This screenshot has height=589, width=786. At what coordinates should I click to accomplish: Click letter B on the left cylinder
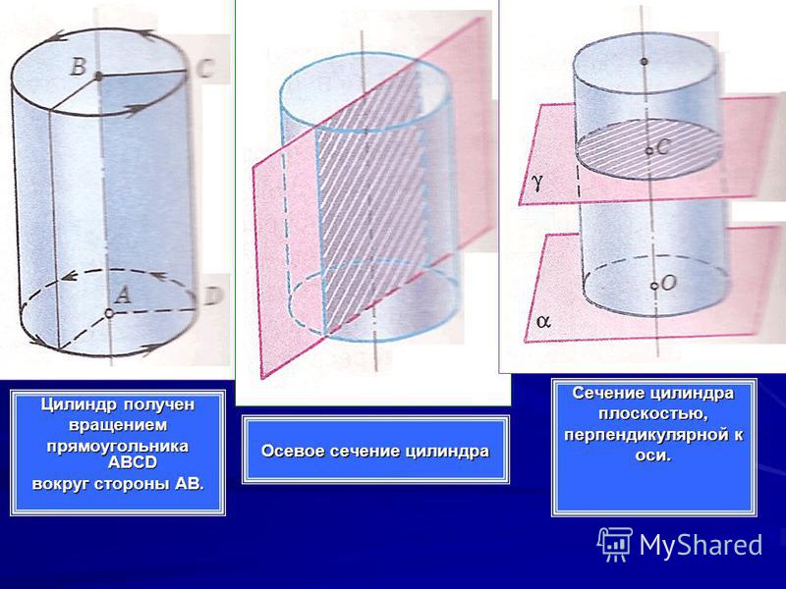click(79, 67)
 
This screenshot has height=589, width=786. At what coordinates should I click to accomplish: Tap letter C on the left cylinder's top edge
click(205, 69)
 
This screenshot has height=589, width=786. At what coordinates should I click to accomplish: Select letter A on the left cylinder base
click(122, 294)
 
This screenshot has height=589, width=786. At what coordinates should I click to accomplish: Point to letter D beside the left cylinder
click(212, 297)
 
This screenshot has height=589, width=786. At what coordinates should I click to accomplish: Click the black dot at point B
click(99, 77)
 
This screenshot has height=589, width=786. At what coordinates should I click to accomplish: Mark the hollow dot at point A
click(109, 313)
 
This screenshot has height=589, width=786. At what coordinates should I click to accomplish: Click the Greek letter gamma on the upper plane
click(536, 184)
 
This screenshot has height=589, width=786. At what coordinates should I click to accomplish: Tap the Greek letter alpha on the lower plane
click(543, 321)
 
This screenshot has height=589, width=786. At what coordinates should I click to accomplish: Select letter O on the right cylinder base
click(669, 283)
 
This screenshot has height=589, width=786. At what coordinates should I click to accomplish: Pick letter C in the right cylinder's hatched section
click(662, 146)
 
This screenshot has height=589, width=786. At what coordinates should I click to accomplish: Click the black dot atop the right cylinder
click(645, 62)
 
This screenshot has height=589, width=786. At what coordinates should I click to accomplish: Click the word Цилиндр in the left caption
click(80, 404)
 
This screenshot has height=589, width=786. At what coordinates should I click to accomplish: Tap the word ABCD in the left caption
click(133, 462)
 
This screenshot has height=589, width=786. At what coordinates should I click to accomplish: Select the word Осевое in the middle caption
click(287, 451)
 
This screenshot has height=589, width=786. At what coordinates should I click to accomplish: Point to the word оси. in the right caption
click(652, 455)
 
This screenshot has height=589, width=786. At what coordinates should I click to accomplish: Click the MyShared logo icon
click(615, 544)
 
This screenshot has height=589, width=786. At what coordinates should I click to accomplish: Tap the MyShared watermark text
click(701, 545)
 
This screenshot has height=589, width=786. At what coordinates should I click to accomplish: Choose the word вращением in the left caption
click(118, 425)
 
